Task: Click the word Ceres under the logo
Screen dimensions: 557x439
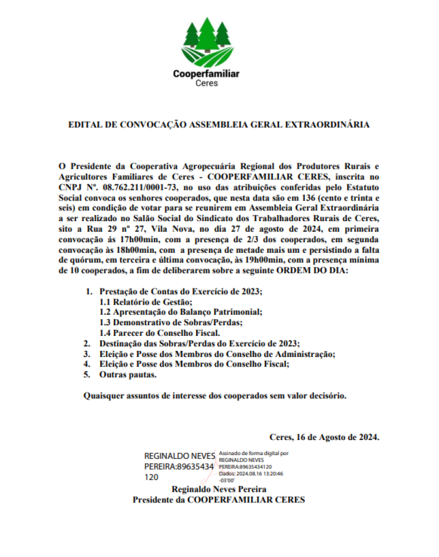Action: (207, 83)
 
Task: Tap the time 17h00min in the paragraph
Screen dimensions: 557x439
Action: (128, 240)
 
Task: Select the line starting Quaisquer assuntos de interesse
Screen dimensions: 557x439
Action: (215, 396)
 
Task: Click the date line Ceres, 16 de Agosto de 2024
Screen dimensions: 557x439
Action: (324, 437)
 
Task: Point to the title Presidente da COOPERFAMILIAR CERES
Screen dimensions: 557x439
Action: (218, 500)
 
